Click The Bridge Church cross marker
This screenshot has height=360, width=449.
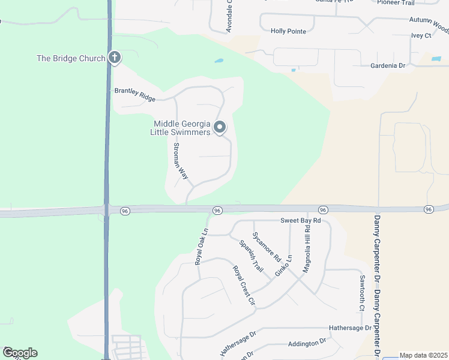click(114, 58)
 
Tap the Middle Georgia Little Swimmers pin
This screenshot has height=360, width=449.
click(220, 127)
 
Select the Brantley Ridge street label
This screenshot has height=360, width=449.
click(135, 95)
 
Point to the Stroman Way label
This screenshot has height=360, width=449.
click(181, 161)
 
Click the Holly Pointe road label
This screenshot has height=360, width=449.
click(288, 31)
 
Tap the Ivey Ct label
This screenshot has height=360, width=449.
click(421, 36)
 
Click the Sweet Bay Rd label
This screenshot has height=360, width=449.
click(301, 221)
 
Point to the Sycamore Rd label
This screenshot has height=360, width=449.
click(267, 246)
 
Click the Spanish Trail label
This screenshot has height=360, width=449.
click(251, 256)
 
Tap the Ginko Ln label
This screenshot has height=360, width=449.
click(283, 266)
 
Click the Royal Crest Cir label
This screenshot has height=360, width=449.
click(244, 286)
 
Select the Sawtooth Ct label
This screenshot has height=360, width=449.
click(362, 293)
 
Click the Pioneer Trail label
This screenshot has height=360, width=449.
click(395, 2)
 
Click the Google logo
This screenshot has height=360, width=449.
click(20, 353)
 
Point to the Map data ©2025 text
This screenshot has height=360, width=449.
click(423, 355)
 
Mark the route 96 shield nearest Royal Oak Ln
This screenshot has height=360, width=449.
click(217, 210)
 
